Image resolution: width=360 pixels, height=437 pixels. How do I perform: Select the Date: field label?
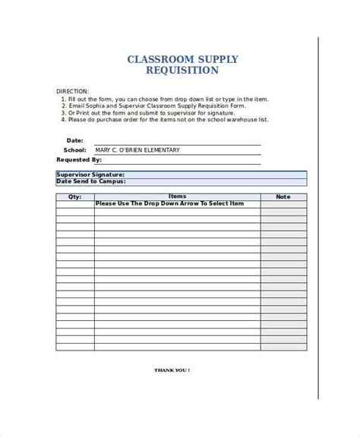pyautogui.click(x=75, y=140)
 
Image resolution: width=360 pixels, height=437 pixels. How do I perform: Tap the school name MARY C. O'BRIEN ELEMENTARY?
pyautogui.click(x=137, y=150)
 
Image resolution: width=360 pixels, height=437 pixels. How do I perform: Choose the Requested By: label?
pyautogui.click(x=79, y=160)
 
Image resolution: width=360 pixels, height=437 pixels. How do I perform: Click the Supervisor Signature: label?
pyautogui.click(x=91, y=174)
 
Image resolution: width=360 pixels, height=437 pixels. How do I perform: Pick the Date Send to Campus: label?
pyautogui.click(x=91, y=181)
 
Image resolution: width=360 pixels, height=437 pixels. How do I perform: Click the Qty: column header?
pyautogui.click(x=74, y=197)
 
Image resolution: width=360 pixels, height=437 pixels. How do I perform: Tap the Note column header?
pyautogui.click(x=283, y=197)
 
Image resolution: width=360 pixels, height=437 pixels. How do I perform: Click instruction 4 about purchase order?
pyautogui.click(x=167, y=120)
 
